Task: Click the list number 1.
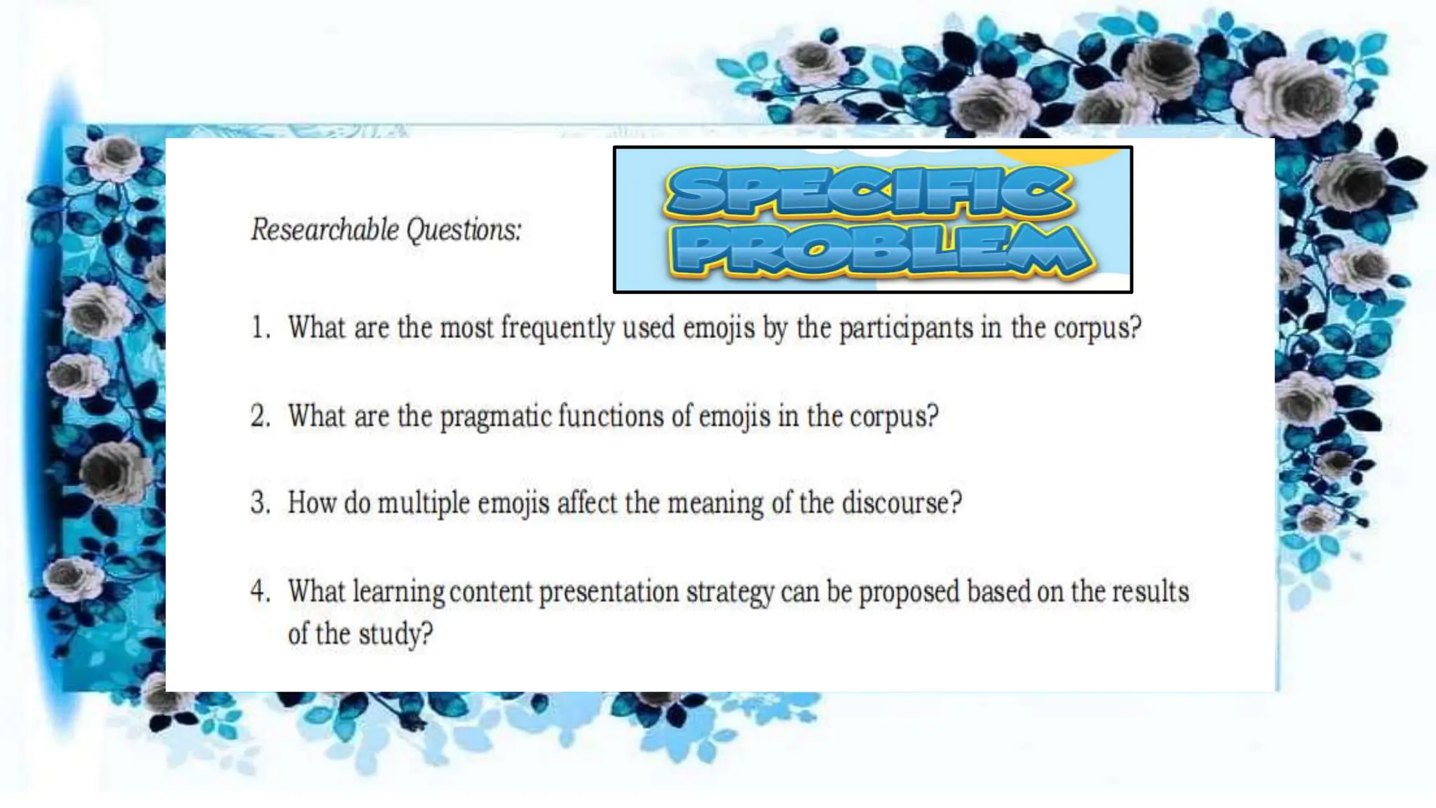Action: (x=260, y=328)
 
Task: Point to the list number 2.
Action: (x=260, y=417)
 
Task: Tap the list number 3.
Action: (x=260, y=504)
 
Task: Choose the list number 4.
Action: (x=260, y=592)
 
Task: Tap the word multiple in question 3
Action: (x=424, y=504)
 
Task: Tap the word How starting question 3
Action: (x=312, y=504)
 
